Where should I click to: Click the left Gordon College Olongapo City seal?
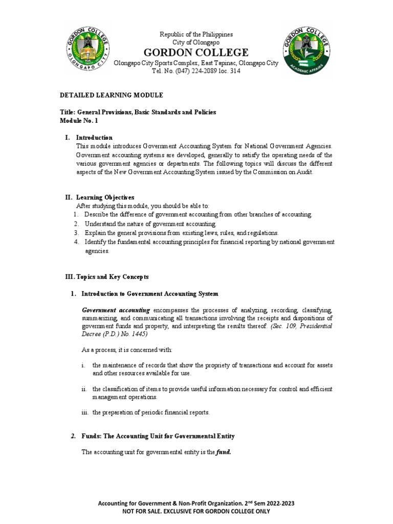(86, 51)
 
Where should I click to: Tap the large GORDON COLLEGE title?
(196, 52)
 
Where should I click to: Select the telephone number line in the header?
(196, 71)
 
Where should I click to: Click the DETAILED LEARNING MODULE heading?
(112, 95)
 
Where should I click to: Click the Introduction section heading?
(94, 138)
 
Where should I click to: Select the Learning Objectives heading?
(105, 197)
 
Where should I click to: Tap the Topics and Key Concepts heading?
(104, 276)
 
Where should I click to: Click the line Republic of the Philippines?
(196, 34)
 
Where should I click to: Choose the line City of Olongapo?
(196, 42)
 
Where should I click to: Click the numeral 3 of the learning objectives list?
(75, 232)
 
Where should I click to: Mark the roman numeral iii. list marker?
(85, 412)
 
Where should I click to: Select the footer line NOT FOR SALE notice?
(196, 511)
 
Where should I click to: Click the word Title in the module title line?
(68, 112)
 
